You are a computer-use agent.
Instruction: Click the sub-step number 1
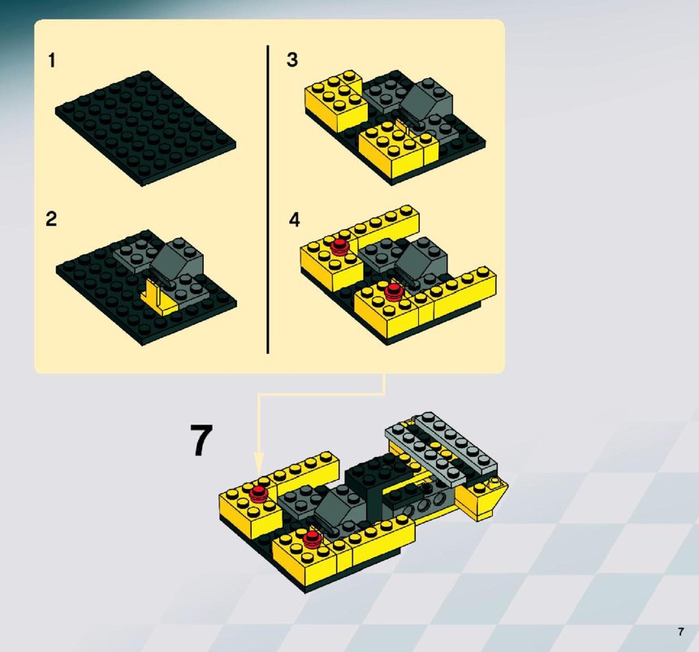52,61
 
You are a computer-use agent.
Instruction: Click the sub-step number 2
51,219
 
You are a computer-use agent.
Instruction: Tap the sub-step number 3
292,59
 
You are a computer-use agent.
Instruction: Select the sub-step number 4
294,219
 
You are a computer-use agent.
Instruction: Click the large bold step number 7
201,440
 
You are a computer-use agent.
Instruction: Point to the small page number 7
680,632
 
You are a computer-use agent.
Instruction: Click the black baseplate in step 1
146,128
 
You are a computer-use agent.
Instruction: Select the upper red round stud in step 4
340,246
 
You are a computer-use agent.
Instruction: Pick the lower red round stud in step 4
393,291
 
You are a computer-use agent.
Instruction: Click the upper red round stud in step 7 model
258,493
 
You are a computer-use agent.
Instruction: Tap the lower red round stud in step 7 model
312,538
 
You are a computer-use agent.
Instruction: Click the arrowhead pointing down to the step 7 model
259,463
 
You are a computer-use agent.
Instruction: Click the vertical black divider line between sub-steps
268,200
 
